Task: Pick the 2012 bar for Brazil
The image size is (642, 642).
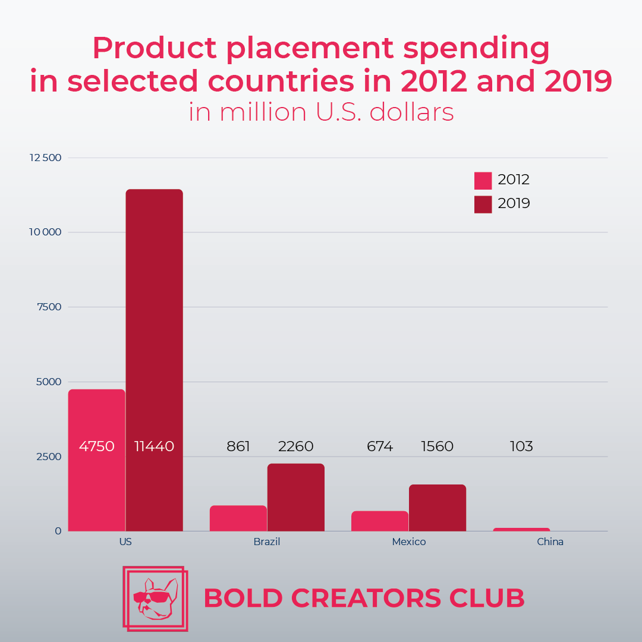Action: tap(238, 518)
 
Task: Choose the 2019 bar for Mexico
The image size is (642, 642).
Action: tap(438, 508)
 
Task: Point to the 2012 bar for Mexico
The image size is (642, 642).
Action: tap(380, 521)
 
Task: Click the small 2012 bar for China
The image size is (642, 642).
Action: tap(521, 529)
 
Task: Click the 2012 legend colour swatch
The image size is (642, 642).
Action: tap(483, 180)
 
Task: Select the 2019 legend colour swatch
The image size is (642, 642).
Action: tap(483, 204)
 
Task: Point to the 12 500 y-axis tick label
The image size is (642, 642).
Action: tap(46, 158)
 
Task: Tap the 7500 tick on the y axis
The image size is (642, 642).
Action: tap(48, 307)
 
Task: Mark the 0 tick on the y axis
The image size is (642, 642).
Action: tap(58, 531)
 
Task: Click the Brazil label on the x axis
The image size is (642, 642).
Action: tap(267, 542)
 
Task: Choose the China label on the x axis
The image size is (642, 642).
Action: tap(550, 542)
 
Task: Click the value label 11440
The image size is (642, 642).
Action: tap(154, 446)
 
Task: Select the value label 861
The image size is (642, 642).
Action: tap(238, 446)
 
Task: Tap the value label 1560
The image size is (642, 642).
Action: tap(438, 446)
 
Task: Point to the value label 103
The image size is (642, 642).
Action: tap(521, 446)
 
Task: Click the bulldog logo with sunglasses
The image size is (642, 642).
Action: tap(155, 598)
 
